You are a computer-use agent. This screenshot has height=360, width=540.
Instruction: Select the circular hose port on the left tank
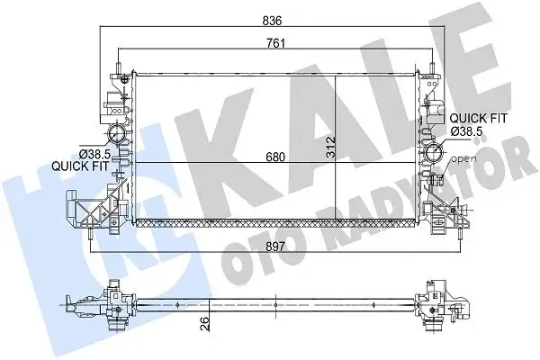[116, 137]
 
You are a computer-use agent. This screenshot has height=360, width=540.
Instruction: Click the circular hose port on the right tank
[434, 150]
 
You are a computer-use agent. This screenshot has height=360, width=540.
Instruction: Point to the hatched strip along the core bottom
[275, 220]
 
